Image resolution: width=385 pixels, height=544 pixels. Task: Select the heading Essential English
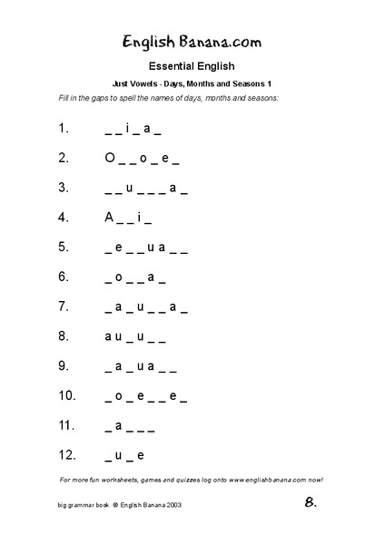tap(192, 65)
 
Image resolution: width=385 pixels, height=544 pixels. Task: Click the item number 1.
tap(63, 129)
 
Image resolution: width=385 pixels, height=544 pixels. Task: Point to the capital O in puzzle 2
tap(110, 158)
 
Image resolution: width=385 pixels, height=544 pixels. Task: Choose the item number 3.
tap(63, 188)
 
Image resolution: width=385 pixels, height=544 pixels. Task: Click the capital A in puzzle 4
tap(110, 218)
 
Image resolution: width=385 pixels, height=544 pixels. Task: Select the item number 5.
tap(63, 247)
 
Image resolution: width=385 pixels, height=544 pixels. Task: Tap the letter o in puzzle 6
tap(119, 277)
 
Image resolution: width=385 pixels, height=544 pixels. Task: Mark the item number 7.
tap(63, 306)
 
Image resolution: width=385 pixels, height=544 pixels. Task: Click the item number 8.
tap(63, 335)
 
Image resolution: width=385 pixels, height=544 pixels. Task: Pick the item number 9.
tap(63, 365)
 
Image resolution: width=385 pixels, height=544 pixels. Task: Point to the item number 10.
tap(66, 395)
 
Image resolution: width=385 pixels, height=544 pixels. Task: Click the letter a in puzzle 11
tap(119, 424)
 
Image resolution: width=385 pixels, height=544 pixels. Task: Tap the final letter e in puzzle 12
tap(141, 454)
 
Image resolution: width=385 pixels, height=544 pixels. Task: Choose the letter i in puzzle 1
tap(128, 129)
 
